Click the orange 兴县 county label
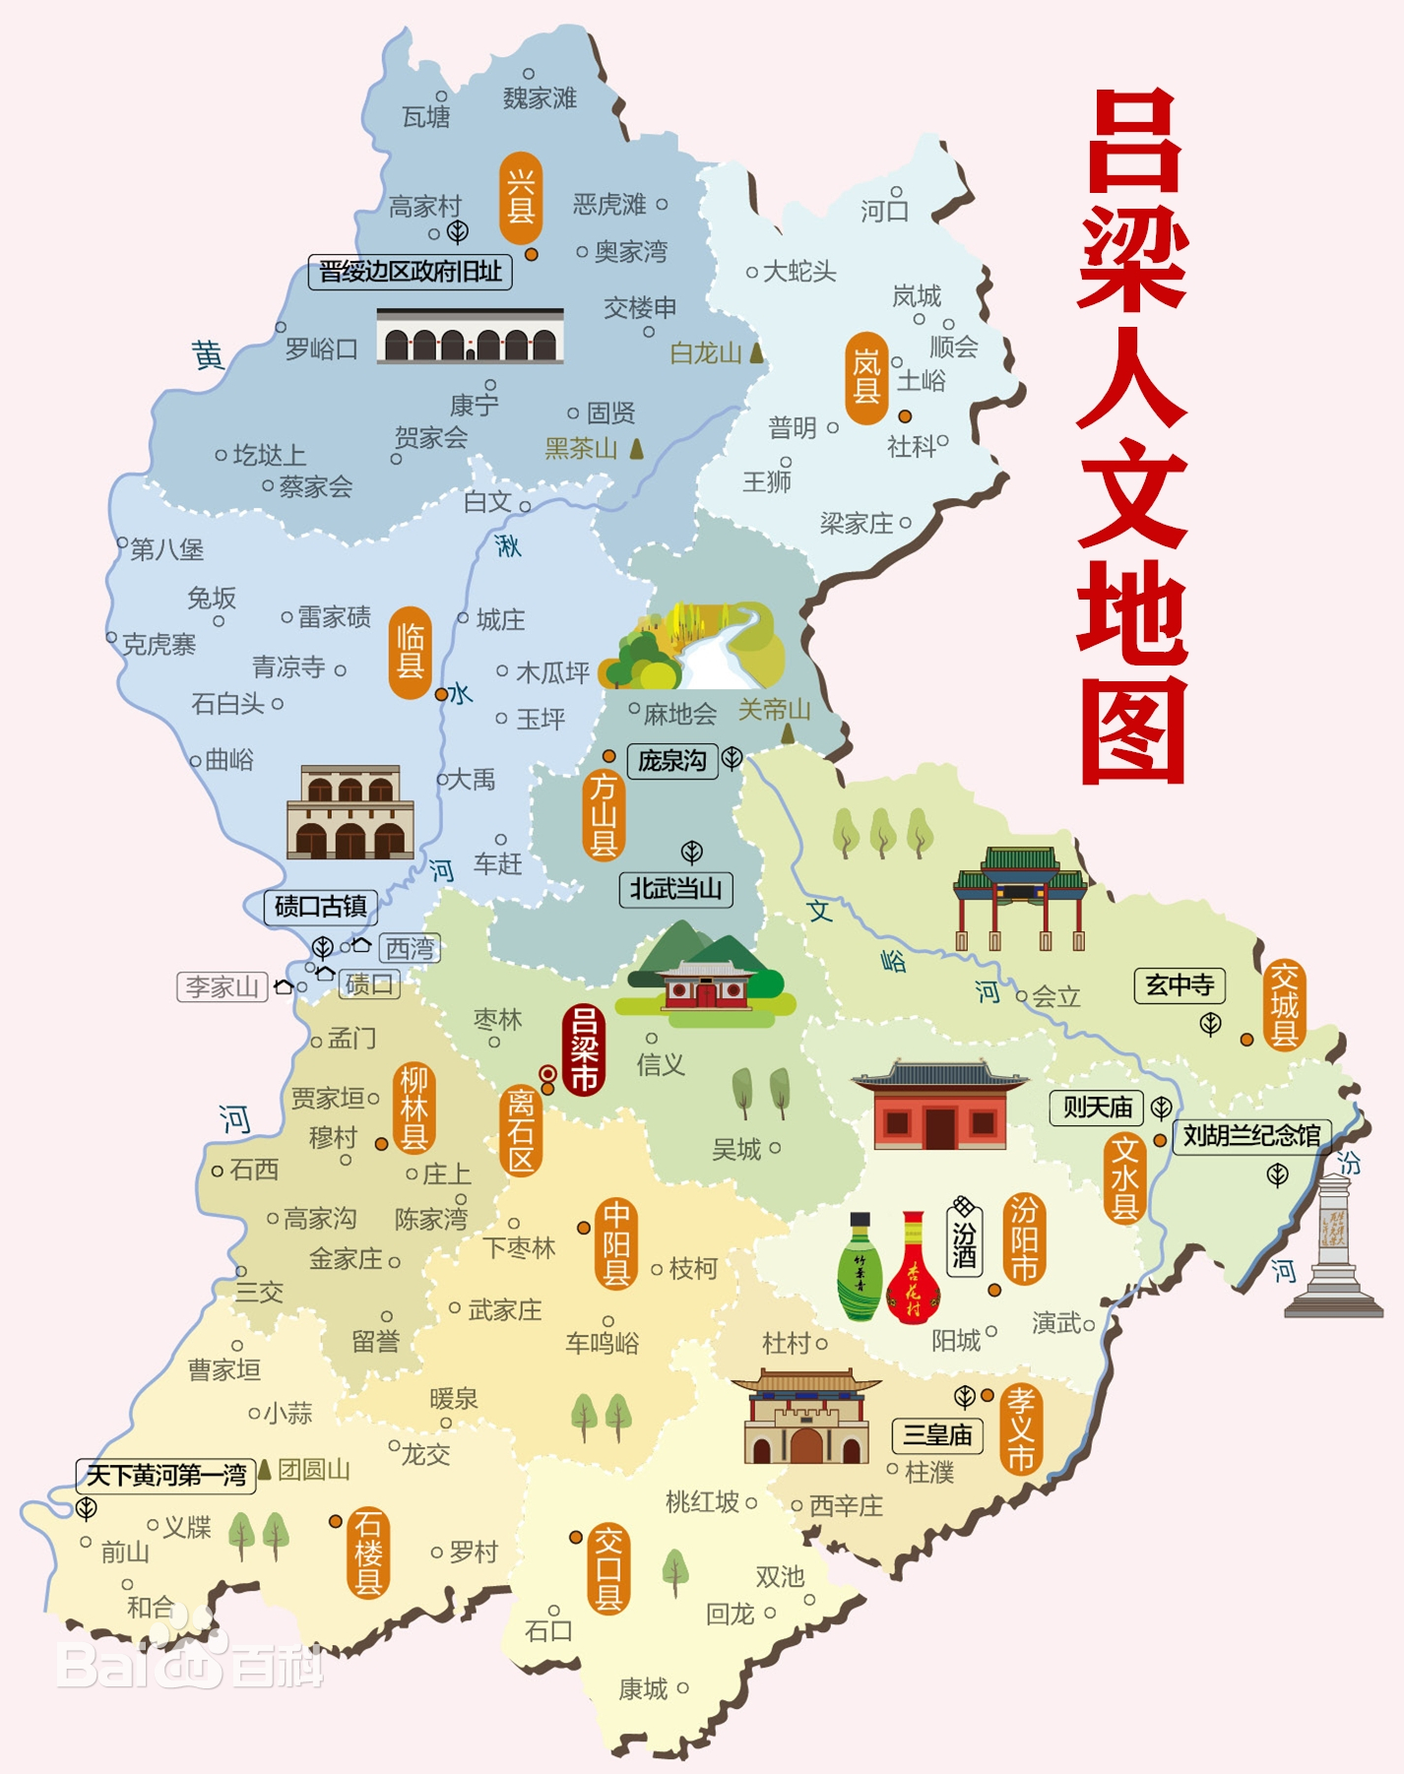(x=521, y=198)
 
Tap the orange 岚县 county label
(x=866, y=378)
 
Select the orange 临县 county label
(x=410, y=653)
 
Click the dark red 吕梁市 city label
(x=584, y=1049)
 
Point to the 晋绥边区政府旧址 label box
(x=411, y=271)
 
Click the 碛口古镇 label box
(x=320, y=907)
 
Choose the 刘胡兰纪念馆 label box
(x=1250, y=1136)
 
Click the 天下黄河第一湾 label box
(x=165, y=1475)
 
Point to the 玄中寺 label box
(x=1180, y=984)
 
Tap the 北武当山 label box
(x=675, y=889)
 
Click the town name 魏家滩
(x=540, y=98)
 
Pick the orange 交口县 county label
(x=608, y=1569)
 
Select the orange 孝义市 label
(x=1021, y=1428)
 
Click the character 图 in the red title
(x=1132, y=729)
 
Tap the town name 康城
(x=643, y=1689)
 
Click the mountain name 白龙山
(x=706, y=353)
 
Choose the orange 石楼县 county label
(x=368, y=1552)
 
